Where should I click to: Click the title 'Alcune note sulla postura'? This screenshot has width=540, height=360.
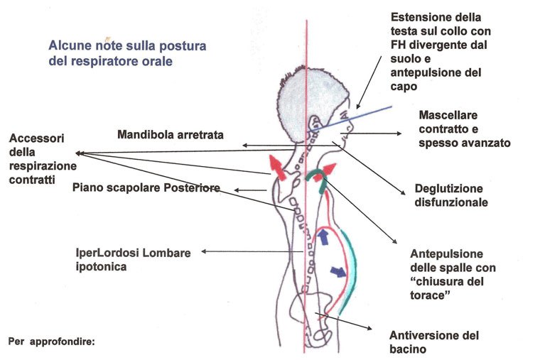(127, 45)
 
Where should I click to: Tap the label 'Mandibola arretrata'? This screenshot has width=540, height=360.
(171, 135)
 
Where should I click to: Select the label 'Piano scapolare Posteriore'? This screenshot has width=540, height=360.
(146, 187)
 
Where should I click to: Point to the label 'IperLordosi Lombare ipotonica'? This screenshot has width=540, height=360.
(134, 259)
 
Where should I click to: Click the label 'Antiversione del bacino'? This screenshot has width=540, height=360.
(434, 342)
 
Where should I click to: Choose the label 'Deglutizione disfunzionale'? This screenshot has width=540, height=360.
(451, 195)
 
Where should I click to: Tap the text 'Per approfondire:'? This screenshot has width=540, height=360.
(51, 342)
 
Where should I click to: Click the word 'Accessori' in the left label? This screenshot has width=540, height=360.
(36, 138)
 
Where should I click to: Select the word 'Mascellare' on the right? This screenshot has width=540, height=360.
(448, 115)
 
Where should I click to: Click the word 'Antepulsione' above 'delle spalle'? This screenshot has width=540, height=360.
(446, 254)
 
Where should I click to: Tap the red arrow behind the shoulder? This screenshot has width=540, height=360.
(277, 168)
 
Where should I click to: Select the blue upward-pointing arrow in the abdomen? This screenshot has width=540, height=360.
(323, 236)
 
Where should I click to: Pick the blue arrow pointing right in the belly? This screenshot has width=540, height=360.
(338, 271)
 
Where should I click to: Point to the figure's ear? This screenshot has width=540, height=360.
(314, 124)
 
